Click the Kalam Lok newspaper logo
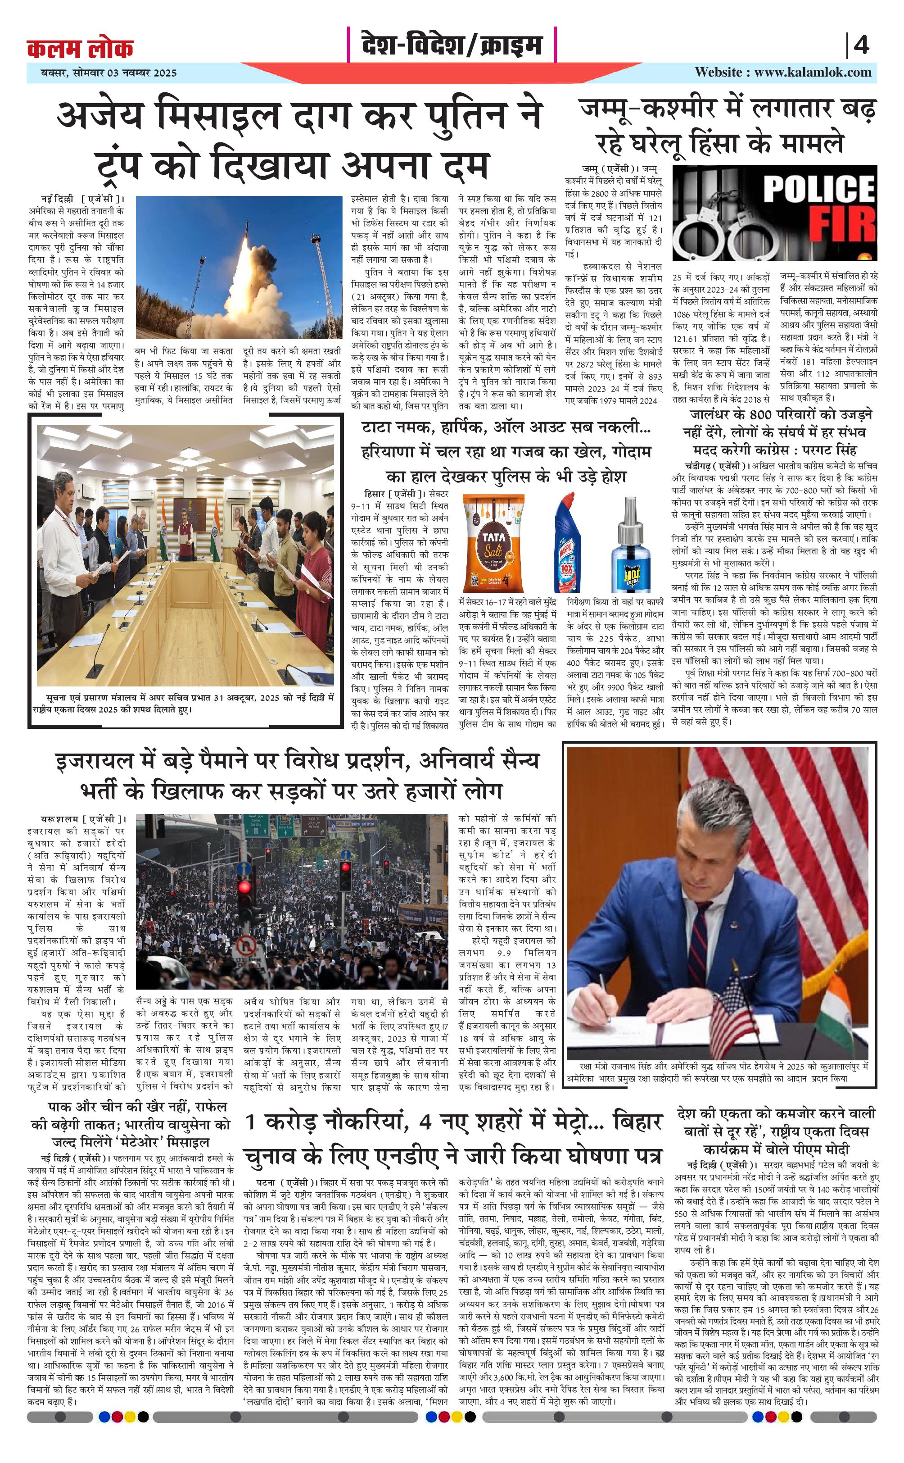[x=80, y=48]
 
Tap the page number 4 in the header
[x=861, y=45]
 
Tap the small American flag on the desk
[x=733, y=1004]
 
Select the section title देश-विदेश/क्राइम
[x=452, y=45]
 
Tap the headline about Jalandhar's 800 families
[x=775, y=432]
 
